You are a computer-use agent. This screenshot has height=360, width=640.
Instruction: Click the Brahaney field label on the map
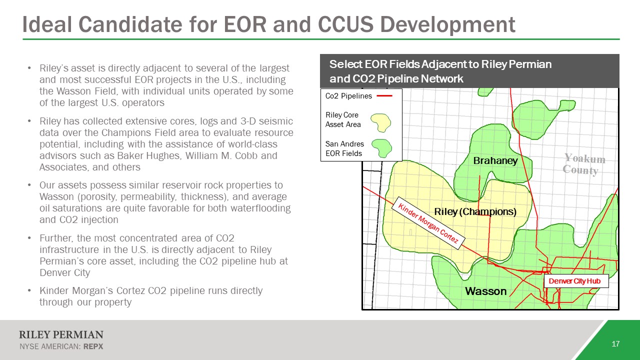[495, 160]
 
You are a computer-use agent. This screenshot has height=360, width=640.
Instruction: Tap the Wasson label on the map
[485, 291]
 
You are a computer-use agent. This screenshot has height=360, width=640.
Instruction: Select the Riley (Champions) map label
[475, 211]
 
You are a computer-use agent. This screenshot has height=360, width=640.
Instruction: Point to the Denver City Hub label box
[576, 281]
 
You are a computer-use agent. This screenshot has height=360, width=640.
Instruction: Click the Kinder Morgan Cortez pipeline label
[428, 223]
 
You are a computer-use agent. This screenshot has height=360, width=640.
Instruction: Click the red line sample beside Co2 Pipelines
[384, 96]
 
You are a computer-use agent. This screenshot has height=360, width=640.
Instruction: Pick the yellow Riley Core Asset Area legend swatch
[381, 123]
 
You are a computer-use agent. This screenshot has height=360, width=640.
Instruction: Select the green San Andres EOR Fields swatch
[381, 148]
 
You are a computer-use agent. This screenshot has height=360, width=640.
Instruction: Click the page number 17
[615, 343]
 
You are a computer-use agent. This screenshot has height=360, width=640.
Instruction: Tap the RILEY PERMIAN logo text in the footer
[61, 334]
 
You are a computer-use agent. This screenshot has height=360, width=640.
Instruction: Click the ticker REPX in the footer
[93, 346]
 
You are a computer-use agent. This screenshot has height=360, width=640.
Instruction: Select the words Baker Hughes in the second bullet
[148, 155]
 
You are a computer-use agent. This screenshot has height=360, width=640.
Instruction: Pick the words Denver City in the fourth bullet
[65, 272]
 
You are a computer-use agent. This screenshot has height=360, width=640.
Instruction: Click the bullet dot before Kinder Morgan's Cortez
[29, 291]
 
